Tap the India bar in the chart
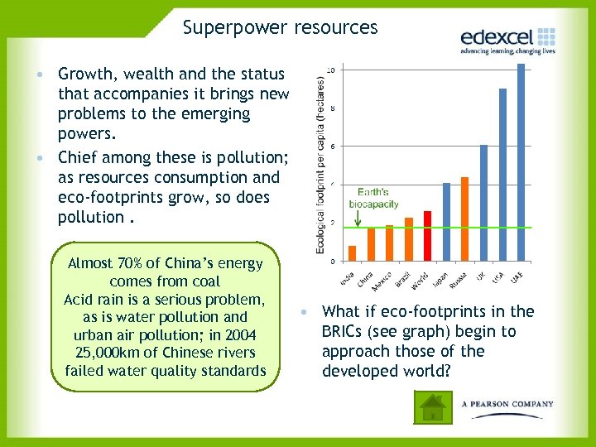(x=352, y=253)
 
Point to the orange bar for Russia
(x=464, y=219)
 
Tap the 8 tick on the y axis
(x=332, y=108)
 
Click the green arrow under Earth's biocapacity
(x=357, y=218)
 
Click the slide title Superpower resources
(x=280, y=27)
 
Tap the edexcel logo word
(x=496, y=37)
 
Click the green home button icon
(x=432, y=406)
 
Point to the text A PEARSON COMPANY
(x=507, y=404)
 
